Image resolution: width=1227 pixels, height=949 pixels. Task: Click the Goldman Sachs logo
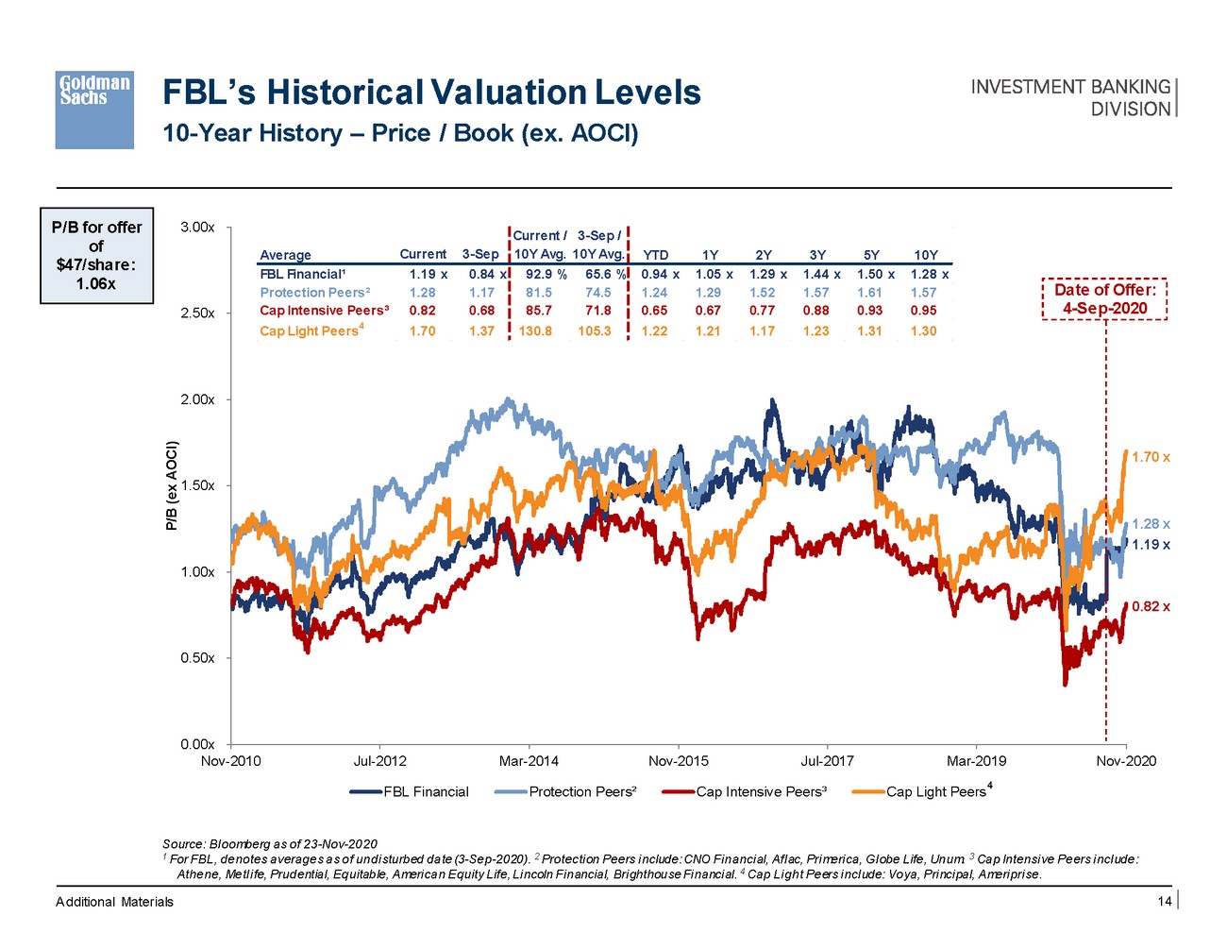point(93,110)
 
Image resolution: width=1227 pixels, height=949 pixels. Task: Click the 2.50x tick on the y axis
point(197,314)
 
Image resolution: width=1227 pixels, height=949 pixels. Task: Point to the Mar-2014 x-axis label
point(529,761)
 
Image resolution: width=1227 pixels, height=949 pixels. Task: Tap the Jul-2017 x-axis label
point(827,761)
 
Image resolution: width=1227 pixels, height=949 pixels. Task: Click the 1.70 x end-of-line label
point(1151,457)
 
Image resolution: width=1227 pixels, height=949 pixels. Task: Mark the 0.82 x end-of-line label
point(1151,606)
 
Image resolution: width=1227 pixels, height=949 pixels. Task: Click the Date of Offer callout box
point(1104,299)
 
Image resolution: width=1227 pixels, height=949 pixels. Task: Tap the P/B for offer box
point(96,256)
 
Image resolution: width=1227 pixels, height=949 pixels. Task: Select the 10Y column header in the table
point(926,255)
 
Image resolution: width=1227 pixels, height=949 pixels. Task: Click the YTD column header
point(655,255)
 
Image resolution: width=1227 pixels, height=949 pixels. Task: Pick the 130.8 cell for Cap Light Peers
point(535,331)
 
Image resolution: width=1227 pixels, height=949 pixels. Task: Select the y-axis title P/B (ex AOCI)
point(172,485)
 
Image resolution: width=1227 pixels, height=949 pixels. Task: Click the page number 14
point(1165,902)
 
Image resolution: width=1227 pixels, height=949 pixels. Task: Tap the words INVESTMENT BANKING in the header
point(1070,87)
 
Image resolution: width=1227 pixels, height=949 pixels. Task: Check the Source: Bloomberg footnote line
point(270,844)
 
